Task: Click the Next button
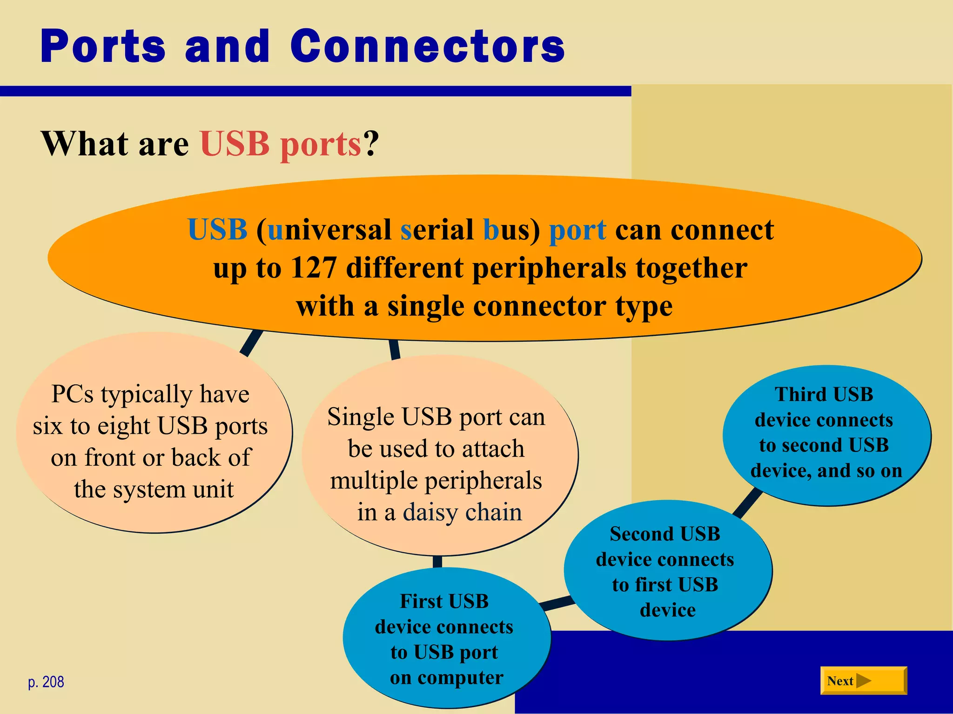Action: click(863, 681)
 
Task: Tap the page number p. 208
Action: click(46, 682)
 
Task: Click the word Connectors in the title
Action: click(427, 46)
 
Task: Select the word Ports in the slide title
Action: click(103, 46)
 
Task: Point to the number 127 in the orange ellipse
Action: click(313, 268)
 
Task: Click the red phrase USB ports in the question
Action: click(281, 144)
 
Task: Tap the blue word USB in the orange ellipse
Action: click(217, 230)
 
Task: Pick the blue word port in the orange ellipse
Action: click(577, 231)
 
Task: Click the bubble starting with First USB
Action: click(446, 639)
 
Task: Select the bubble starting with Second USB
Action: click(667, 571)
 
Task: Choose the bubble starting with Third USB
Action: click(826, 435)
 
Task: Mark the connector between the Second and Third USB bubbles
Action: click(748, 502)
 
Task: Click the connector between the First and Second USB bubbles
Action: click(557, 603)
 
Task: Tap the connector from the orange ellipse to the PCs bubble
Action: click(252, 343)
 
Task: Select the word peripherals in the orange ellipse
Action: click(549, 268)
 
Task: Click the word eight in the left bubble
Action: click(124, 426)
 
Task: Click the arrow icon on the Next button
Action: click(863, 681)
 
